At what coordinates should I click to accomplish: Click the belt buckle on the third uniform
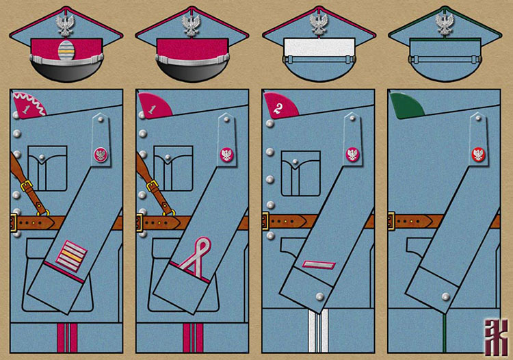click(265, 221)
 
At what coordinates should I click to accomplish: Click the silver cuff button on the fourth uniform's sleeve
click(445, 296)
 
